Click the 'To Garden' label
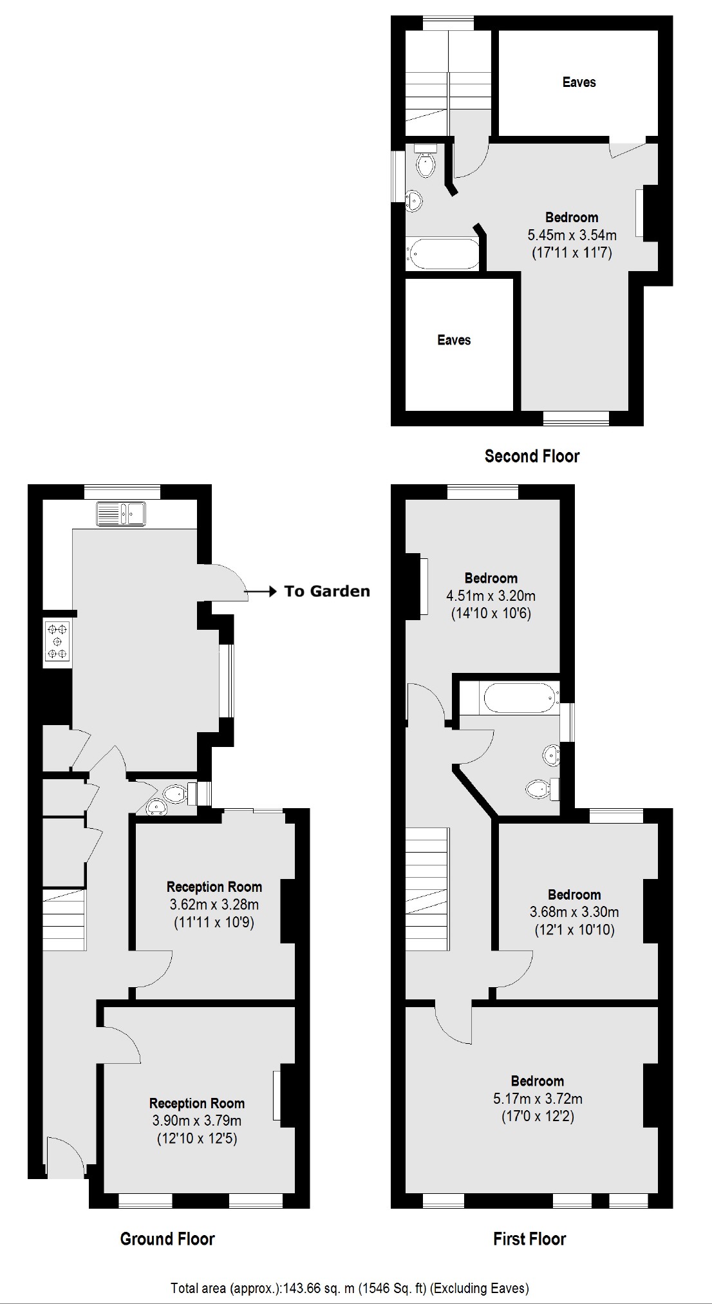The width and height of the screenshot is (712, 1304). point(327,591)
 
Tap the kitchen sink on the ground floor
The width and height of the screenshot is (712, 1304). point(121,513)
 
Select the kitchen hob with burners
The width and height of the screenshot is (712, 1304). point(57,641)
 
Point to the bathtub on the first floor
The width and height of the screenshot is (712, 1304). point(519,698)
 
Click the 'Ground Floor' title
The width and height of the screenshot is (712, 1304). point(167,1238)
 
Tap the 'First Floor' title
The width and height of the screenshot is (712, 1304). point(529,1238)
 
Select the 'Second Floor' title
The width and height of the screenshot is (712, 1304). point(532,457)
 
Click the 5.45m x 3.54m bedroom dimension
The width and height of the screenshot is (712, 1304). point(572,235)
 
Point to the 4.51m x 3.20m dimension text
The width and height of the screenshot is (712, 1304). point(491,596)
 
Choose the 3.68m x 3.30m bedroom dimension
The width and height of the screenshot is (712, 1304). point(574,912)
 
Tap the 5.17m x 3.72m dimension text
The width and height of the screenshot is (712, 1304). point(538,1099)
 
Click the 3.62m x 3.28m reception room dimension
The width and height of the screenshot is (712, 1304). point(214,905)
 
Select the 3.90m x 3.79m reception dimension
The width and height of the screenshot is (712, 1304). point(197,1120)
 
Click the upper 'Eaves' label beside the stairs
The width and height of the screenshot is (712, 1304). point(579,82)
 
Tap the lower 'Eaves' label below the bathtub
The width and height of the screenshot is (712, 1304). point(454,340)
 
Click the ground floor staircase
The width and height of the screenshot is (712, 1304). point(64,920)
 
